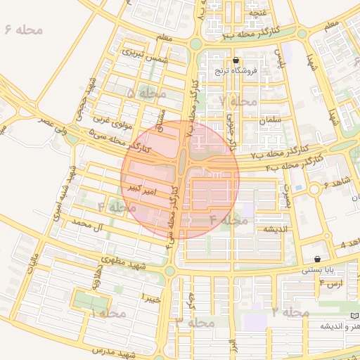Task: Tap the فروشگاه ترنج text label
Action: click(x=236, y=71)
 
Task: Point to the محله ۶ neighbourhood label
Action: click(x=23, y=31)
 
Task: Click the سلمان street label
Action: click(x=269, y=121)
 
